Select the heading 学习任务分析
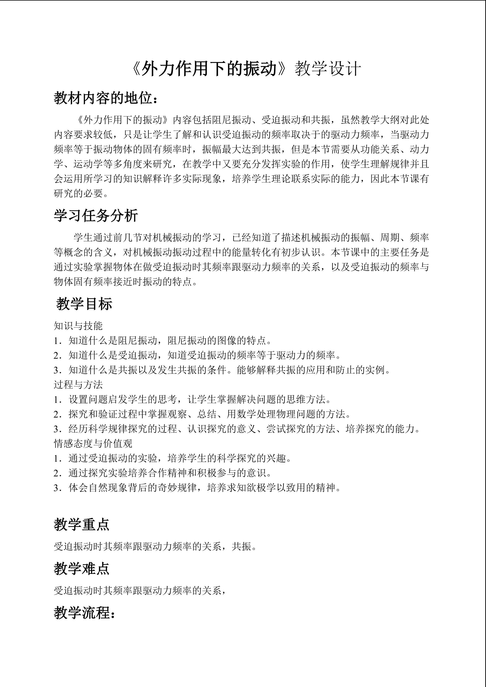point(96,216)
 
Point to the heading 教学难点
point(82,568)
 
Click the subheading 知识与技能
point(78,326)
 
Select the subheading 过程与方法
point(78,385)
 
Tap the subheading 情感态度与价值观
point(93,443)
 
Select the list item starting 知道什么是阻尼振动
point(163,340)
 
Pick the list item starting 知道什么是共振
point(222,370)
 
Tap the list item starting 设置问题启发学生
point(192,400)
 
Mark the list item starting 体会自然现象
point(197,488)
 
